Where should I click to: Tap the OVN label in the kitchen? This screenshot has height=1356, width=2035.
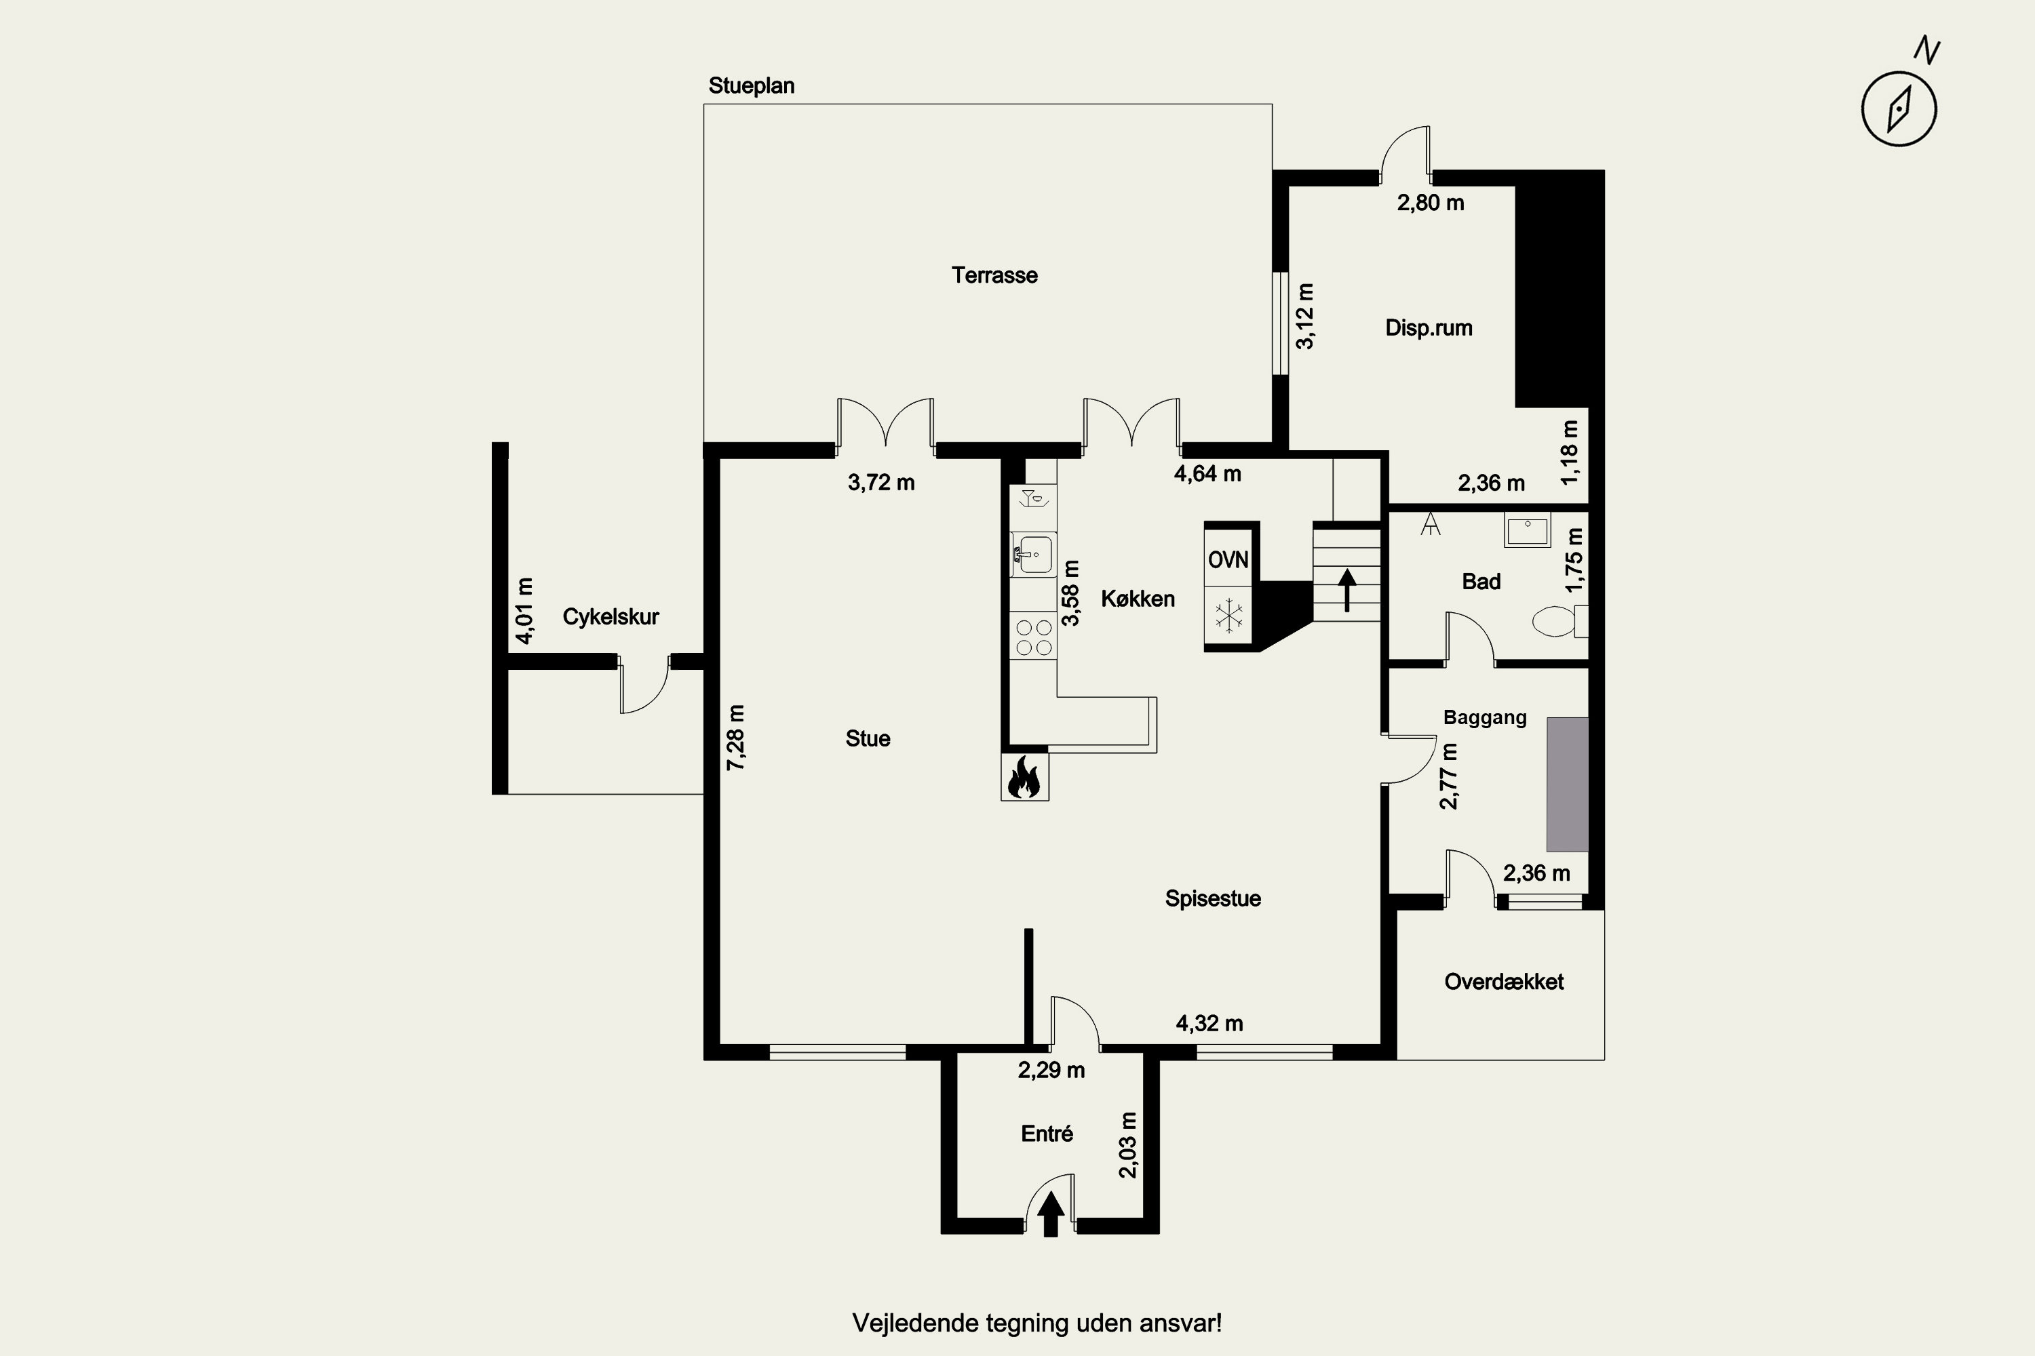click(x=1228, y=561)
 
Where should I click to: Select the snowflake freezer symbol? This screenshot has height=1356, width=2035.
click(x=1228, y=616)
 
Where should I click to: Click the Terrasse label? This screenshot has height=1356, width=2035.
click(x=994, y=275)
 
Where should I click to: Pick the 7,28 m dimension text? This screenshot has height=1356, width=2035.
click(x=735, y=738)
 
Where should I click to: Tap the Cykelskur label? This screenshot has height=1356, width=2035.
click(x=611, y=616)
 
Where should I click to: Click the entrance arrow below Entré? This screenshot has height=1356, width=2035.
click(x=1050, y=1214)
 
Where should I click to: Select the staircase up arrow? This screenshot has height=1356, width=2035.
click(x=1347, y=590)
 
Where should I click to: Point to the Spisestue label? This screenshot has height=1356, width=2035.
click(x=1213, y=898)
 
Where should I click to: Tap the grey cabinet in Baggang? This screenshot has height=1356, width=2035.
click(x=1568, y=784)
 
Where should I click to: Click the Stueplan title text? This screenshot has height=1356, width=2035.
click(x=751, y=85)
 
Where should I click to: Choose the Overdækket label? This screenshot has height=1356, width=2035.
click(x=1504, y=982)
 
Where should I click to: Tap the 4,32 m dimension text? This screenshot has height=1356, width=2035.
click(x=1209, y=1023)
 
